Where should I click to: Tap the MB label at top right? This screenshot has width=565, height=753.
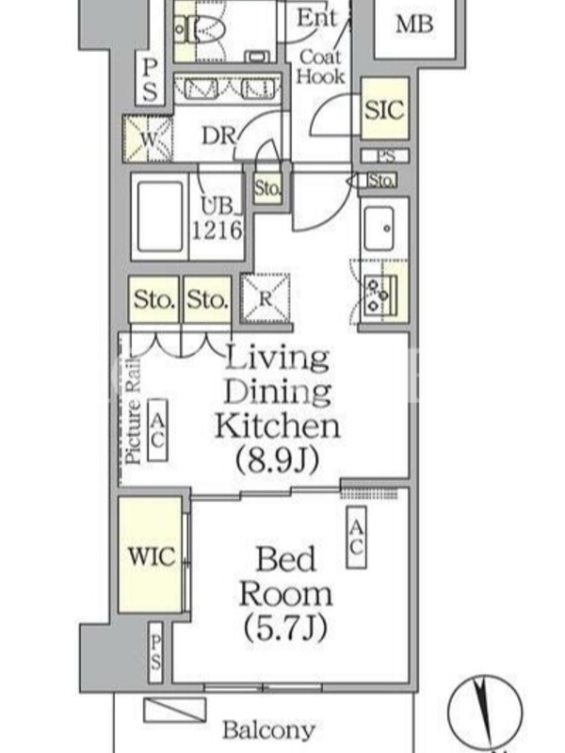[x=414, y=24]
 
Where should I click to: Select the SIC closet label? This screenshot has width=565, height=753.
[x=384, y=110]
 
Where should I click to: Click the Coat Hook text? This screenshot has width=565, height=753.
[x=320, y=67]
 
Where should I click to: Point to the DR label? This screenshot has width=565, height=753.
[x=218, y=136]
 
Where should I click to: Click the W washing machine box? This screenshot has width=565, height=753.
[x=148, y=139]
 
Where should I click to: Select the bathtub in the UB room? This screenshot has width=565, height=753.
[x=160, y=216]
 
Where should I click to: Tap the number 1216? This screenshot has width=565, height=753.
[x=218, y=230]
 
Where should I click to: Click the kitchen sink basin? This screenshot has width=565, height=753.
[x=379, y=228]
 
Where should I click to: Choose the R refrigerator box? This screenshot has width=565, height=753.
[x=266, y=298]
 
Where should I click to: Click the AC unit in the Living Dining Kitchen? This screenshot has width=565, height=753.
[x=157, y=430]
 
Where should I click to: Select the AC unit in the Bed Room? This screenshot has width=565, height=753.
[x=357, y=537]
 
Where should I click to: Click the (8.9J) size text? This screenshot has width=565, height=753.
[x=277, y=460]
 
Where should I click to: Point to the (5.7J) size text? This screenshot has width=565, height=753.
[x=285, y=627]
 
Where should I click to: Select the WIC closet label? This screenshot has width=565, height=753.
[x=152, y=556]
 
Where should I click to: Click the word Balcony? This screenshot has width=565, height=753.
[x=268, y=730]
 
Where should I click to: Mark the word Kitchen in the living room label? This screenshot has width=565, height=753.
[x=277, y=425]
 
